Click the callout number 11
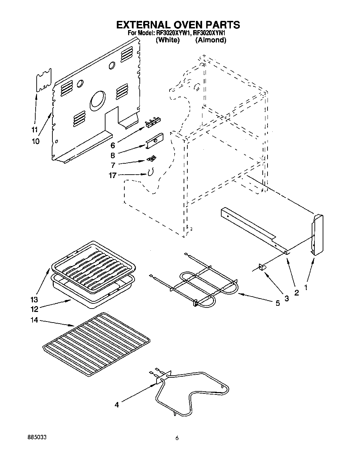[x=34, y=130]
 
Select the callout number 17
[x=112, y=175]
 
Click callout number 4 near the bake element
[x=117, y=405]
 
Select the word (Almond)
[x=211, y=40]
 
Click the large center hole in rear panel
[x=98, y=101]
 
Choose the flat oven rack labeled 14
[x=96, y=344]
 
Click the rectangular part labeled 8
[x=154, y=140]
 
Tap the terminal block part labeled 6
[x=152, y=122]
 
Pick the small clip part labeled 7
[x=151, y=158]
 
